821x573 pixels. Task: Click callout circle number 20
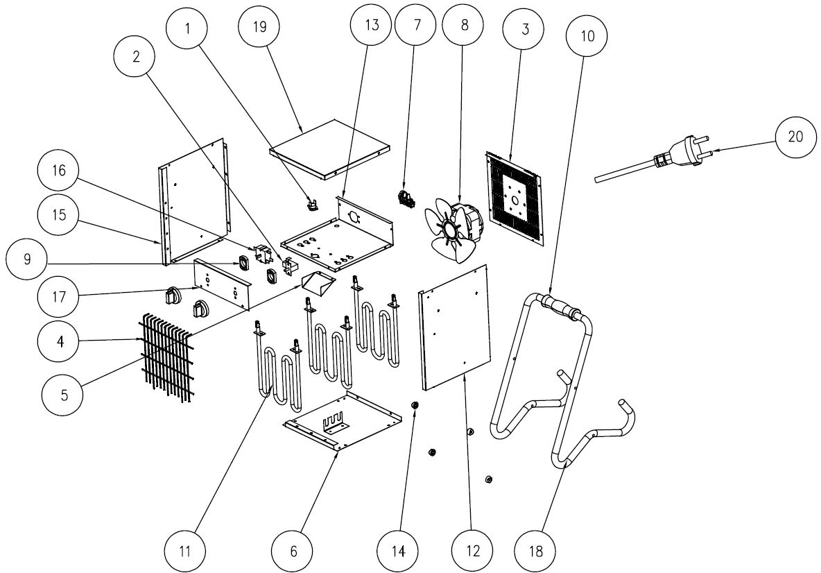click(795, 136)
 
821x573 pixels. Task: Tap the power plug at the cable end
click(684, 156)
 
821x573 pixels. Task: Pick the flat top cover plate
click(329, 148)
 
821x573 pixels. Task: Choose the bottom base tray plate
click(342, 422)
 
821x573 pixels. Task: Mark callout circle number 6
click(293, 551)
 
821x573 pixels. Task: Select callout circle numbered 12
click(472, 551)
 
